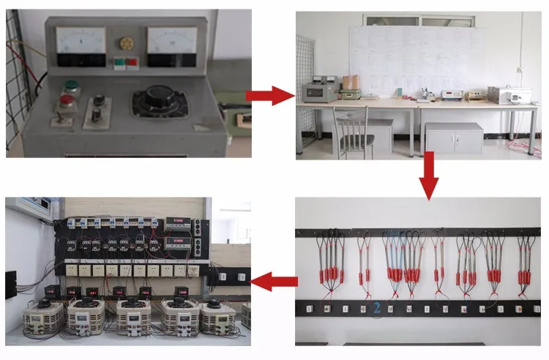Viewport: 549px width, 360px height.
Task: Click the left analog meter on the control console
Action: [x=81, y=41]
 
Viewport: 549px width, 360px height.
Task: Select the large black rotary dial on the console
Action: [x=160, y=102]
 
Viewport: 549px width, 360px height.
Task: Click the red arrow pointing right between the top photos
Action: [x=271, y=95]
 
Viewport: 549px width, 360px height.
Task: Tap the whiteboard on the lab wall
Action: [x=417, y=59]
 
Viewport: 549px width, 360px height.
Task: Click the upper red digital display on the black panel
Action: [x=179, y=222]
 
